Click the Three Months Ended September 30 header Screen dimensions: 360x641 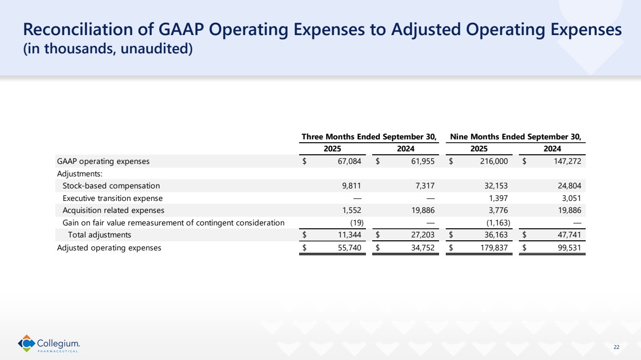pos(368,137)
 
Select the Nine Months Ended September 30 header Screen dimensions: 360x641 pos(515,137)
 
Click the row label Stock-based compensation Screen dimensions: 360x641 pos(111,186)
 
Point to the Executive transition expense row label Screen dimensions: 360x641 pos(113,198)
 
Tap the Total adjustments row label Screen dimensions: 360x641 pos(100,235)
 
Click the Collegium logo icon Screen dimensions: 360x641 pos(27,343)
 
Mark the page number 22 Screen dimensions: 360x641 pos(617,347)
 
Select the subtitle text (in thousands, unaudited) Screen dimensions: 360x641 pos(108,49)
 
